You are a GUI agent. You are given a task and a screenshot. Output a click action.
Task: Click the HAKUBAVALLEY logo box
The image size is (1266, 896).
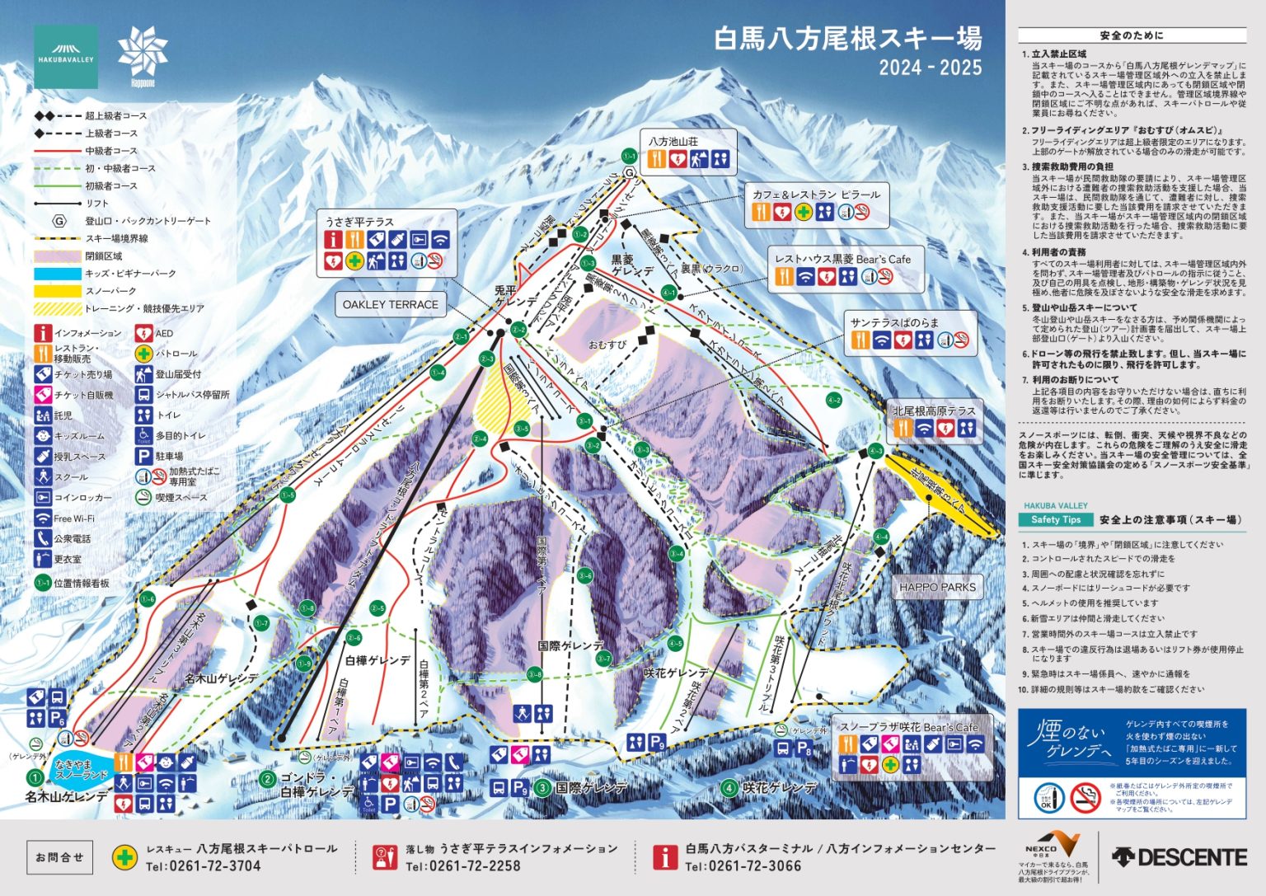pos(66,57)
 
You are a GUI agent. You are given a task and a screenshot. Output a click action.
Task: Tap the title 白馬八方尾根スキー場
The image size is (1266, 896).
pos(847,39)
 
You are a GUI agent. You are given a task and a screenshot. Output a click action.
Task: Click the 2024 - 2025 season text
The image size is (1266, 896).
pos(930,68)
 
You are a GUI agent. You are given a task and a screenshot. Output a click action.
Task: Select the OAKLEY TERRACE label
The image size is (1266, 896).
pos(390,304)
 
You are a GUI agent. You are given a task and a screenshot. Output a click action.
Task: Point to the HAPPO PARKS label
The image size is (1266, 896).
pos(937,587)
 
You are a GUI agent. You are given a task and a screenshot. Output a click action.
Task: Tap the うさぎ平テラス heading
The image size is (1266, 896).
pos(359,222)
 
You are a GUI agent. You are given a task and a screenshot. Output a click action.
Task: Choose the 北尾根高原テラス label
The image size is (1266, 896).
pos(934,410)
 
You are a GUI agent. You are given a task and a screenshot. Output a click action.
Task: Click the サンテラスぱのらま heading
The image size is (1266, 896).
pos(893,322)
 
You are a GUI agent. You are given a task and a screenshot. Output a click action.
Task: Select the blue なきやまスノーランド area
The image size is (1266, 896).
pos(81,770)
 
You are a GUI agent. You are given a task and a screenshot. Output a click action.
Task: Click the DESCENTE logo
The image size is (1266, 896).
pos(1179,857)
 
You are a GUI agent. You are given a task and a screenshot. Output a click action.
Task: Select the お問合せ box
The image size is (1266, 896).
pos(59,857)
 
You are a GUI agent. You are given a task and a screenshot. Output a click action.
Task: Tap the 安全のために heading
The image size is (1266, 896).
pos(1131,35)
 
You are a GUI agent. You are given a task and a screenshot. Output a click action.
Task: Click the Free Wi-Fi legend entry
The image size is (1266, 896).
pos(73,518)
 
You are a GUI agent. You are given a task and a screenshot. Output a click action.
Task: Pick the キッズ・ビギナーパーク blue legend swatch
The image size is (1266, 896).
pos(57,274)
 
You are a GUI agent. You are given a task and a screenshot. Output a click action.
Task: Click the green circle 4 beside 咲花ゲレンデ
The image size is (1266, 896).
pos(729,788)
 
